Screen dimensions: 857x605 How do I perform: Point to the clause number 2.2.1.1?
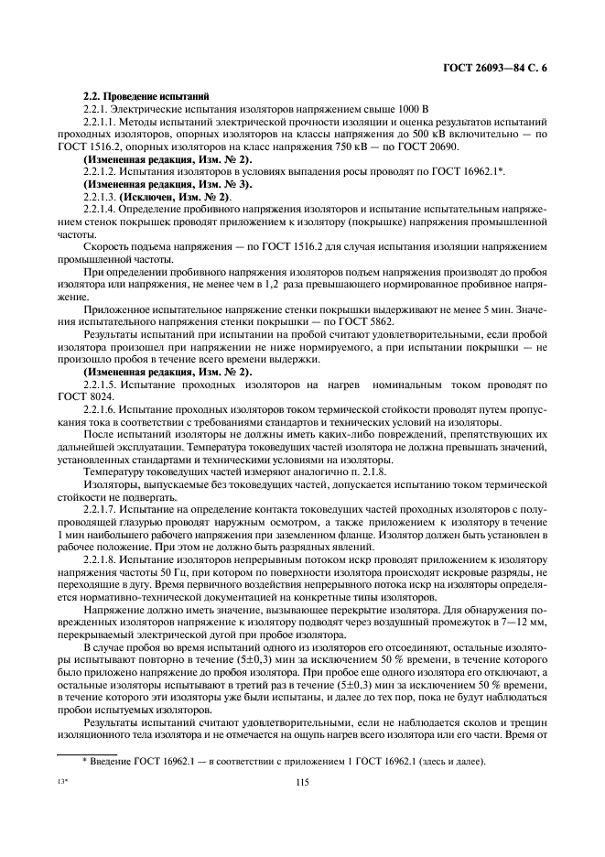click(x=102, y=122)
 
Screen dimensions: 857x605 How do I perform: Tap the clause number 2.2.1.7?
click(x=102, y=481)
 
